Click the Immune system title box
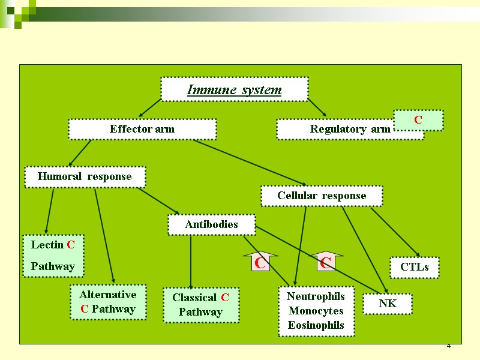234,90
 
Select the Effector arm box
142,129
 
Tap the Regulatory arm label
350,129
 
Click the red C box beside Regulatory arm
418,120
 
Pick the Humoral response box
85,176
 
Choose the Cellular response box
322,196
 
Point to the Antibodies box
211,224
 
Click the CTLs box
415,268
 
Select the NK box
388,304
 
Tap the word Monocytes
316,311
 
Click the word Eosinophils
316,325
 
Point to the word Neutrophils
316,296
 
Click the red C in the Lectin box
71,245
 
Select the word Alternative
108,295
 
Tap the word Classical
194,298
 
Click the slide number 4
448,348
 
